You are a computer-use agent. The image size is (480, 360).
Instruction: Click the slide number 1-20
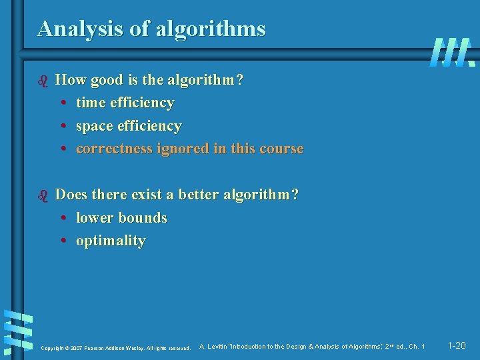(457, 346)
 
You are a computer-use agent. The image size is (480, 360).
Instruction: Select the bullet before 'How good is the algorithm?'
(45, 81)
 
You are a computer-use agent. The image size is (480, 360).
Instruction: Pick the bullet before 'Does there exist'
(45, 195)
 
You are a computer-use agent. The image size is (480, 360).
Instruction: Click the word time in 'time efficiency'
(90, 103)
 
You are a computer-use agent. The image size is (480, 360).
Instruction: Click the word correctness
(115, 149)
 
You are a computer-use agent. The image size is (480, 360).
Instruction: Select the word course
(280, 149)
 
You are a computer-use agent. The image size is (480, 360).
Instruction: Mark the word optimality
(111, 241)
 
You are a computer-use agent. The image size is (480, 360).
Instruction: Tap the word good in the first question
(106, 81)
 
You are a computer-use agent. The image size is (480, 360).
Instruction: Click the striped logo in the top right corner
(452, 51)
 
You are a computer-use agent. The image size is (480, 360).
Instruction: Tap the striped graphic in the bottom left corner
(19, 331)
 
